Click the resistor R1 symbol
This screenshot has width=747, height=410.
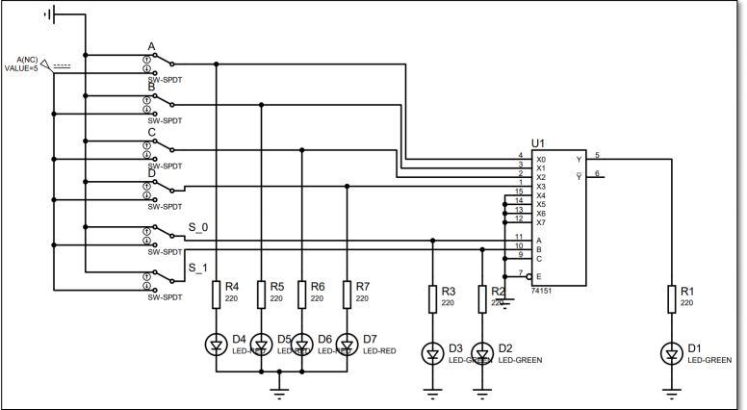point(673,298)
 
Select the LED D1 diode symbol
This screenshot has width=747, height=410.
point(673,355)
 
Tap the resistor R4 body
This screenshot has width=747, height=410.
point(217,295)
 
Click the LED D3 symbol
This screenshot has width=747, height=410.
point(433,355)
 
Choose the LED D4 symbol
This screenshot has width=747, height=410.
point(217,344)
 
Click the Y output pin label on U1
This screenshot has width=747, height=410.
point(578,159)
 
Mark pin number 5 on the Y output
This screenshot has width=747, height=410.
point(597,154)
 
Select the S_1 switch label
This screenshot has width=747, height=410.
point(197,268)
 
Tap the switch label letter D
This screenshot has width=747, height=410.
point(151,174)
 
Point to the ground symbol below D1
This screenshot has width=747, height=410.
point(673,392)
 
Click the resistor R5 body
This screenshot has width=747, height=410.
point(262,295)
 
